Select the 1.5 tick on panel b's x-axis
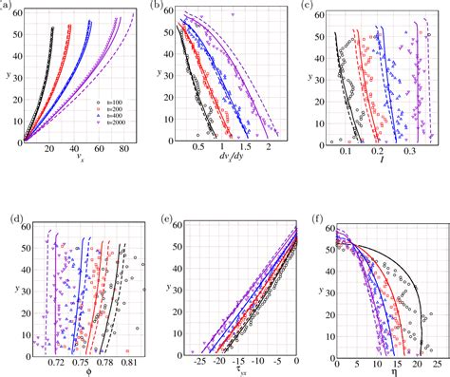(245, 149)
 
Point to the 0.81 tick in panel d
(129, 363)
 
